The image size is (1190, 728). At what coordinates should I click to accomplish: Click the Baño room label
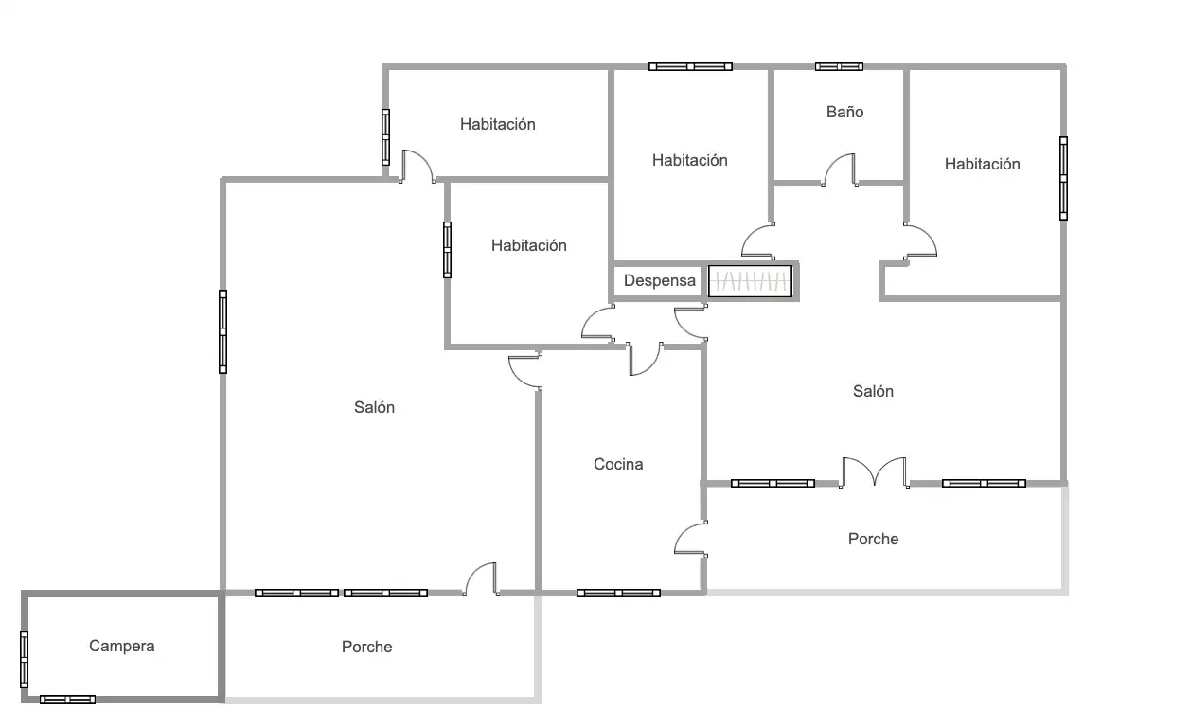pyautogui.click(x=844, y=112)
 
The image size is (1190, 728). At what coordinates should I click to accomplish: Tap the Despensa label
pyautogui.click(x=659, y=280)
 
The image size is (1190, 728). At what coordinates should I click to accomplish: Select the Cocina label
pyautogui.click(x=618, y=464)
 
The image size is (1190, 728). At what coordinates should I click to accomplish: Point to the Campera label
pyautogui.click(x=122, y=647)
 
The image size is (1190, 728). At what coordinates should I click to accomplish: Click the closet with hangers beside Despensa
pyautogui.click(x=750, y=280)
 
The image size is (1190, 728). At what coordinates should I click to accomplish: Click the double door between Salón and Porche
pyautogui.click(x=874, y=472)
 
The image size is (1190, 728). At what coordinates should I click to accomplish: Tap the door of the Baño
pyautogui.click(x=840, y=170)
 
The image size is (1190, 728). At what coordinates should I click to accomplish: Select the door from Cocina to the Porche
pyautogui.click(x=691, y=539)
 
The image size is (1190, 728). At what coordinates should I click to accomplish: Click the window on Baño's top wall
pyautogui.click(x=839, y=66)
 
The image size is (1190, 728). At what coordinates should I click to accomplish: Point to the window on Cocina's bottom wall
pyautogui.click(x=618, y=593)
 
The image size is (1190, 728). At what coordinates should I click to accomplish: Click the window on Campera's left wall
pyautogui.click(x=24, y=660)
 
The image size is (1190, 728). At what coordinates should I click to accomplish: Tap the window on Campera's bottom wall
pyautogui.click(x=67, y=700)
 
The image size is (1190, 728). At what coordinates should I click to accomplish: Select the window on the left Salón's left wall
pyautogui.click(x=223, y=331)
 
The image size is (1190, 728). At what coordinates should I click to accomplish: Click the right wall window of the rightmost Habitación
pyautogui.click(x=1063, y=178)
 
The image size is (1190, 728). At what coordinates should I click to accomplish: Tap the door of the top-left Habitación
pyautogui.click(x=418, y=167)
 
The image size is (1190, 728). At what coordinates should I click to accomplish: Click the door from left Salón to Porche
pyautogui.click(x=481, y=579)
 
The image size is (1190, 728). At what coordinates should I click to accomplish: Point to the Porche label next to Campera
pyautogui.click(x=366, y=647)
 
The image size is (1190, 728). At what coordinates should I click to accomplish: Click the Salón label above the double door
pyautogui.click(x=873, y=391)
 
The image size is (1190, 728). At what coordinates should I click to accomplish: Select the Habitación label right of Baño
pyautogui.click(x=983, y=164)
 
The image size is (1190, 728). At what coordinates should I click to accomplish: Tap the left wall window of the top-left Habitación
pyautogui.click(x=385, y=137)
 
